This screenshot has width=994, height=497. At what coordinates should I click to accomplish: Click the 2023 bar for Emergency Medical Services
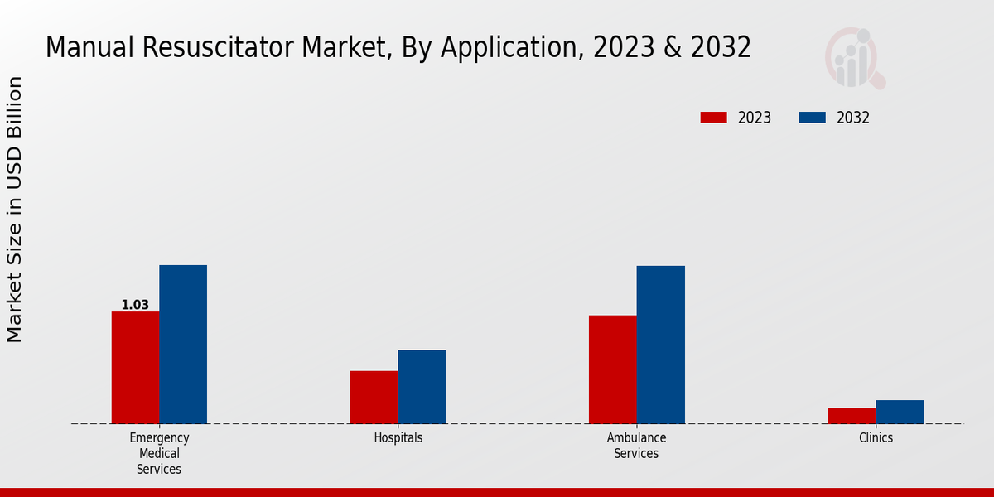(x=135, y=368)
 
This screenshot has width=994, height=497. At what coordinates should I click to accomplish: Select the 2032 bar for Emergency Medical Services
(x=183, y=345)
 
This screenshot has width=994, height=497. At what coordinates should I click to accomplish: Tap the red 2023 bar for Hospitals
(x=374, y=398)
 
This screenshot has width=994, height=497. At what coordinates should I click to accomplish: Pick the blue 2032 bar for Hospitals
(x=422, y=387)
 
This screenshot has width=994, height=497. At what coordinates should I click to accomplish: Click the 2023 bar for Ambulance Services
(x=613, y=369)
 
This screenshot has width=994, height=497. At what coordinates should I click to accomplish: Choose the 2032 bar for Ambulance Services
(x=661, y=345)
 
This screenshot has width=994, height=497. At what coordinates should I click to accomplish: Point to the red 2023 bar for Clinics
(x=852, y=416)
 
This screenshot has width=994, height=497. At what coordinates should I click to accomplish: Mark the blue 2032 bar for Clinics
(x=900, y=412)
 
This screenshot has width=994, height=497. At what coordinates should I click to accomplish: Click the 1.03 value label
(x=135, y=305)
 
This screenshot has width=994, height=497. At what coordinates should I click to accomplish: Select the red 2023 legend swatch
(x=713, y=118)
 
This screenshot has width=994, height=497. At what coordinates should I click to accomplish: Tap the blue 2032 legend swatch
(x=812, y=118)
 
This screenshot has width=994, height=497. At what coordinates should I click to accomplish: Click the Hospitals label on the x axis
(x=398, y=437)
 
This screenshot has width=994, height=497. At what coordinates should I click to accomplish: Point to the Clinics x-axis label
(x=876, y=437)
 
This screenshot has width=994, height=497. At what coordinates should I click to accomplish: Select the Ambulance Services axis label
(x=636, y=446)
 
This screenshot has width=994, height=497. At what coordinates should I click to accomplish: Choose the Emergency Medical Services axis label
(x=159, y=453)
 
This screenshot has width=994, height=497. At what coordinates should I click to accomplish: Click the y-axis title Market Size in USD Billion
(x=15, y=209)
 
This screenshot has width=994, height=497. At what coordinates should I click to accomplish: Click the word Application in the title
(x=512, y=47)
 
